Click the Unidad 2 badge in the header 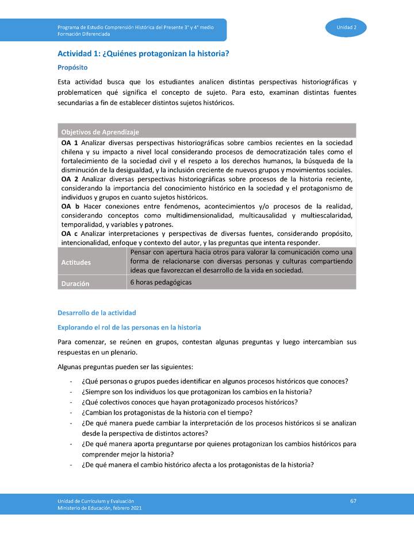(x=346, y=28)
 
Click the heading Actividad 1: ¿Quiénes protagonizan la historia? (x=143, y=54)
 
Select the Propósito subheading (x=72, y=67)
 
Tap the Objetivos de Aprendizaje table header (x=100, y=131)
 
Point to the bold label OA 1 (x=70, y=142)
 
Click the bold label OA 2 (x=70, y=179)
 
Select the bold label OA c (x=70, y=234)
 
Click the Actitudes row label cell (x=76, y=262)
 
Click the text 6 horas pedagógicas (x=160, y=282)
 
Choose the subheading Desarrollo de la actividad (x=97, y=313)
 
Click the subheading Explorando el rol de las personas (x=129, y=327)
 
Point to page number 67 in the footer (x=353, y=501)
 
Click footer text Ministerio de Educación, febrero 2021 (x=99, y=508)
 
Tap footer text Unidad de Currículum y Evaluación (x=95, y=501)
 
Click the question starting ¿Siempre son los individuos (x=197, y=391)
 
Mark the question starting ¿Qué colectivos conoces (x=190, y=402)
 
